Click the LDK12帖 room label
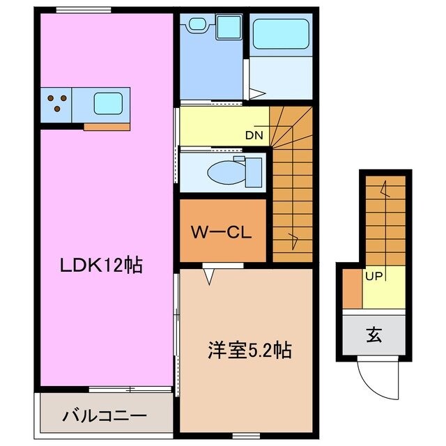click(100, 266)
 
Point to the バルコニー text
click(104, 416)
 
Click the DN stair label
click(254, 136)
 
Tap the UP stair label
click(373, 276)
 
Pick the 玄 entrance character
click(374, 335)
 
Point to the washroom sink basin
click(198, 25)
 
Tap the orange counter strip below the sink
click(107, 127)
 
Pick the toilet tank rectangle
click(253, 169)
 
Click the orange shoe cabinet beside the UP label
click(353, 289)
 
